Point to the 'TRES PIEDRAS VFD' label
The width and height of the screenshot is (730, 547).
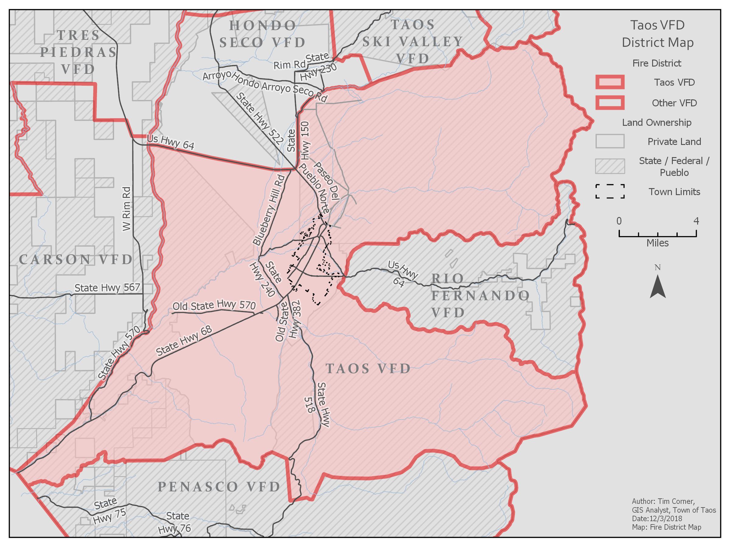pyautogui.click(x=78, y=52)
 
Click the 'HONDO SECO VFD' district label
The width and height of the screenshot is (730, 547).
pyautogui.click(x=263, y=34)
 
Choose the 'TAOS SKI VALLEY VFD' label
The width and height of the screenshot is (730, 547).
pyautogui.click(x=412, y=42)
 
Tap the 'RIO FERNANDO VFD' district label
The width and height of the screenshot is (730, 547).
pyautogui.click(x=480, y=295)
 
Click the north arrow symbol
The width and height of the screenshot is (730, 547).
pyautogui.click(x=657, y=286)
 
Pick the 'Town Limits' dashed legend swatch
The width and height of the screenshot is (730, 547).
pyautogui.click(x=610, y=191)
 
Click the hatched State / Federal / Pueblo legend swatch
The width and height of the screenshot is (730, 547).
pyautogui.click(x=610, y=166)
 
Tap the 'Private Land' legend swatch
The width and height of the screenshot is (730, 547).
pyautogui.click(x=610, y=141)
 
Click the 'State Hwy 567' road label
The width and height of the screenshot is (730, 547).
pyautogui.click(x=107, y=287)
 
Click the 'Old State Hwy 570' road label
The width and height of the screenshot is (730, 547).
pyautogui.click(x=214, y=306)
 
